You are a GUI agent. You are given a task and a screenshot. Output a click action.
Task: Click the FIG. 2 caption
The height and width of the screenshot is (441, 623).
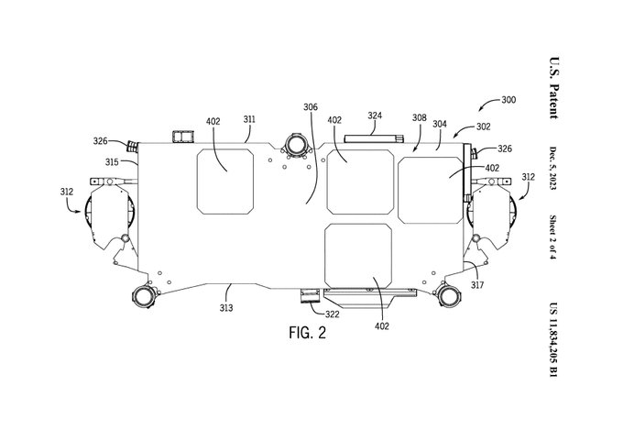307,333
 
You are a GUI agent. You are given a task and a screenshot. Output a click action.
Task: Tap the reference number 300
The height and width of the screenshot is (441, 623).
508,99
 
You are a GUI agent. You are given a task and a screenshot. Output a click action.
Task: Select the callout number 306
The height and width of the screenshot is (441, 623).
311,107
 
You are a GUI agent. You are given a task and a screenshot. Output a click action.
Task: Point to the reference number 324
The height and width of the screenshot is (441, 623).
375,116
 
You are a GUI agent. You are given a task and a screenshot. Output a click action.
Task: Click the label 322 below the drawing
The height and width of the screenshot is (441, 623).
333,314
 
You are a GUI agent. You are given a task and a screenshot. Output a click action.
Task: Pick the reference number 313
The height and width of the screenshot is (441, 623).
226,307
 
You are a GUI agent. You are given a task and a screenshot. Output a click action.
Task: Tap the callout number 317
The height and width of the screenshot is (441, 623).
477,285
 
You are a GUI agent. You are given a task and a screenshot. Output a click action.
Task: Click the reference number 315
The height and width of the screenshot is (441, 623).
112,162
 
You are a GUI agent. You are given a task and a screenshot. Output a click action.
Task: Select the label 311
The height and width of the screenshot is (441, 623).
249,119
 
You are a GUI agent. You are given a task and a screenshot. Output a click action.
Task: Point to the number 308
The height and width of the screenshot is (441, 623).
420,117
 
